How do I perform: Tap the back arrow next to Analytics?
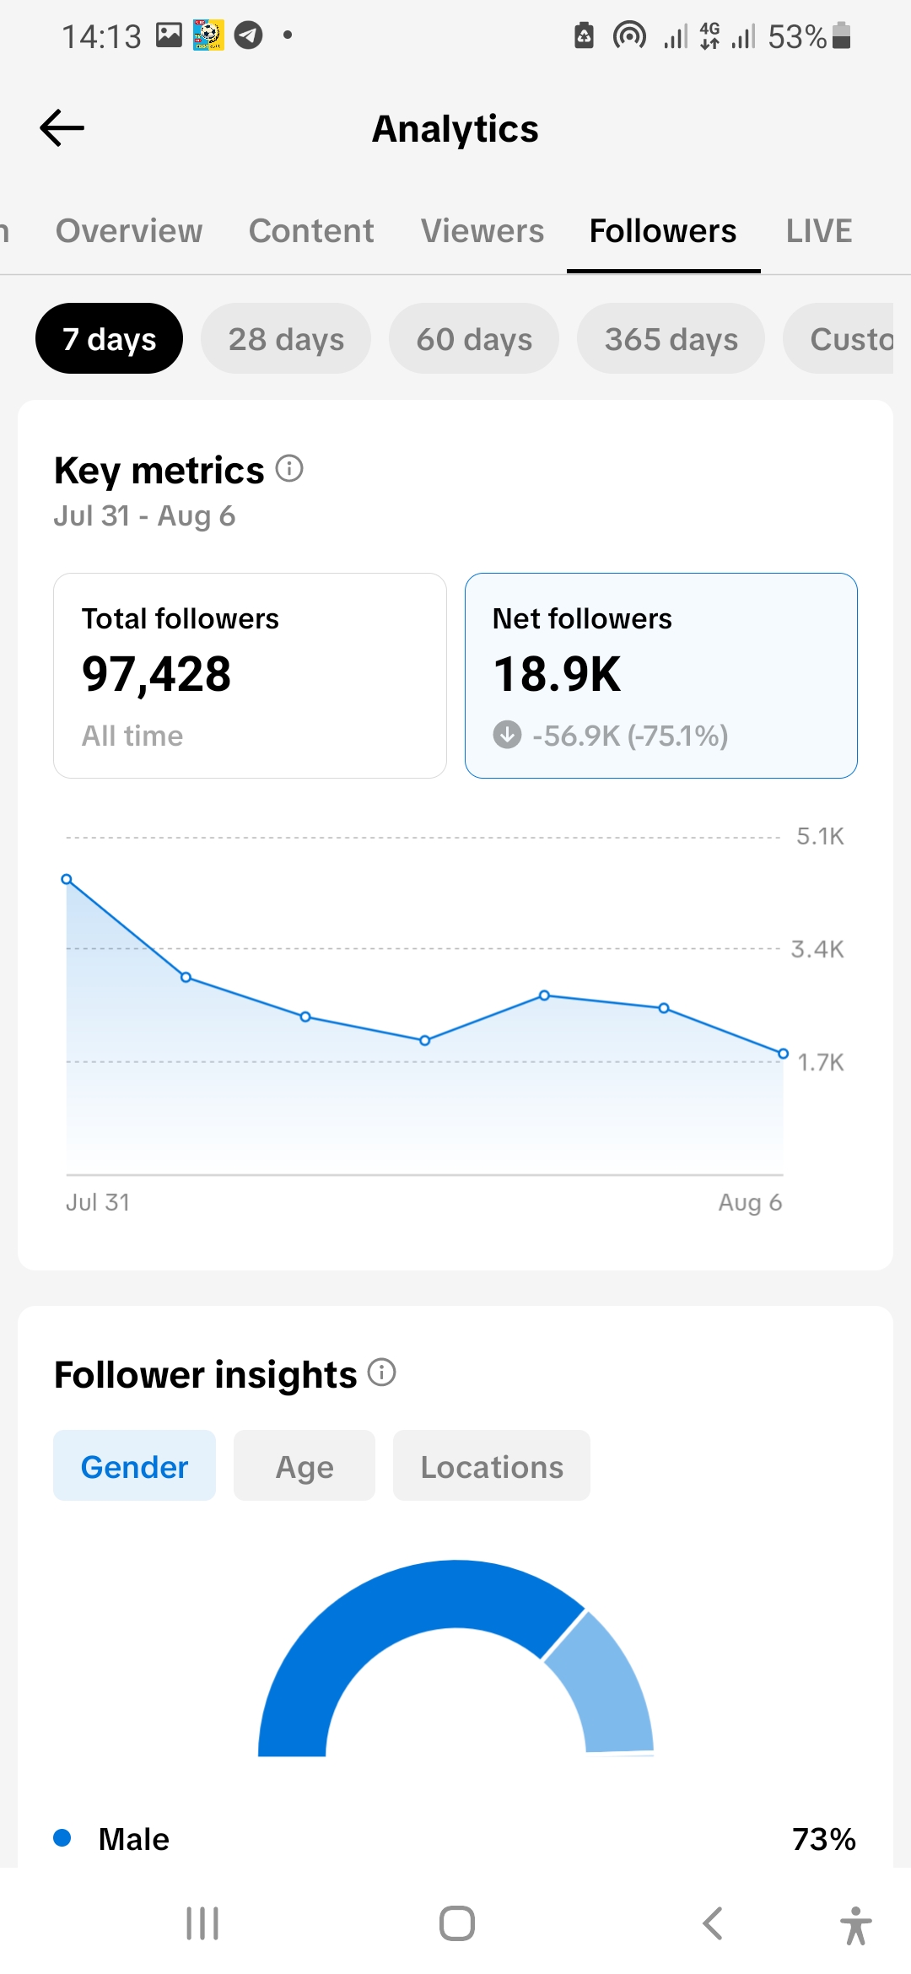pos(62,128)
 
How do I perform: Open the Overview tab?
pos(129,231)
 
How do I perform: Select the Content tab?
pos(311,231)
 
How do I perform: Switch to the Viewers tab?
pos(482,231)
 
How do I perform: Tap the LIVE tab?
pos(819,231)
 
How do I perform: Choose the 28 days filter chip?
pos(286,338)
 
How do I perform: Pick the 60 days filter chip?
pos(474,338)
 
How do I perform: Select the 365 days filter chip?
pos(671,338)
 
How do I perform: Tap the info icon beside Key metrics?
pos(289,468)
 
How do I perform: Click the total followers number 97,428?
pos(156,675)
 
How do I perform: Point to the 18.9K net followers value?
pos(557,675)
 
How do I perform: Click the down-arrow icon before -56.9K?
pos(507,735)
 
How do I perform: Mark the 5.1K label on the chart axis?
pos(820,837)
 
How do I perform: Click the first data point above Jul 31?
pos(67,879)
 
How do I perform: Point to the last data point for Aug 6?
pos(783,1054)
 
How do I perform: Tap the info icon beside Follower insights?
pos(382,1373)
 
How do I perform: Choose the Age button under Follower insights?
pos(305,1465)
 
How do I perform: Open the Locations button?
pos(492,1465)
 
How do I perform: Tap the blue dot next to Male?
pos(62,1837)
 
